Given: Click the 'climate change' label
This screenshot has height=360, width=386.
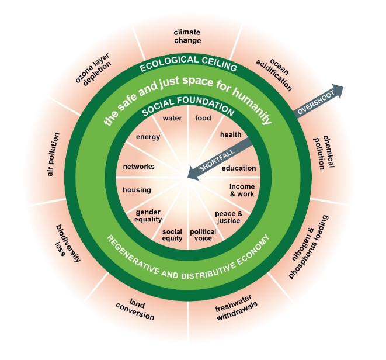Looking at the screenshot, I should pyautogui.click(x=187, y=36).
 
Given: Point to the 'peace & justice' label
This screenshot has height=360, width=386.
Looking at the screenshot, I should pyautogui.click(x=228, y=217).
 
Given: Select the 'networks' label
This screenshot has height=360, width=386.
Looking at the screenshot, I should pyautogui.click(x=138, y=167).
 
